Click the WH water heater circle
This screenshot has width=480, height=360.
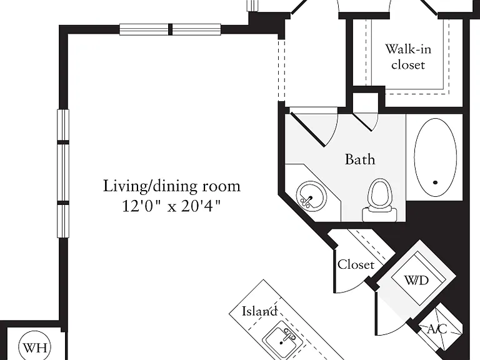(34, 347)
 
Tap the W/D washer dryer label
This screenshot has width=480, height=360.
(416, 280)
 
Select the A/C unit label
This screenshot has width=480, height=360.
(437, 329)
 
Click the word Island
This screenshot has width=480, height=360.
(259, 311)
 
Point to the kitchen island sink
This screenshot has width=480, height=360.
(283, 340)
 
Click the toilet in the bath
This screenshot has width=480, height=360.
(380, 200)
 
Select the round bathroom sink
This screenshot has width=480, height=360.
(311, 196)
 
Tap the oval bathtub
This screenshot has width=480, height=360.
(435, 157)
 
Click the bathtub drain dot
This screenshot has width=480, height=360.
(435, 182)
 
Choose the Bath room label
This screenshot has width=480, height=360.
(360, 159)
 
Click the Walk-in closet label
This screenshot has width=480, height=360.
(408, 57)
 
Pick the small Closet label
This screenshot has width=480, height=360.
(356, 264)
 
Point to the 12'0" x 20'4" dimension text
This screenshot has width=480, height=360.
(171, 206)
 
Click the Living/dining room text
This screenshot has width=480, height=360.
(171, 186)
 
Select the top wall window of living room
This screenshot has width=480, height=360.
(170, 29)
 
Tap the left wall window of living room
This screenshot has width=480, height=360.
(63, 173)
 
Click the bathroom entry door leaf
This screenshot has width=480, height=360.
(307, 129)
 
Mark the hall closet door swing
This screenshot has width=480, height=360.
(351, 286)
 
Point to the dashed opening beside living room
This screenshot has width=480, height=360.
(282, 70)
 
